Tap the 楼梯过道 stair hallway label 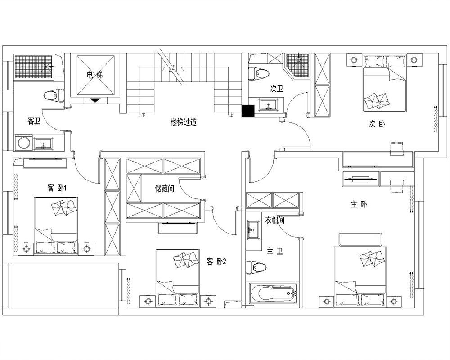[x=184, y=122]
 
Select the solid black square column [x=248, y=111]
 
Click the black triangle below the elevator [x=95, y=100]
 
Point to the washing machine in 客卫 [x=23, y=142]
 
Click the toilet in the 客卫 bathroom [x=54, y=95]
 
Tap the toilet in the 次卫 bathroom [x=259, y=73]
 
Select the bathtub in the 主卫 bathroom [x=273, y=293]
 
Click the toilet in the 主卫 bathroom [x=256, y=268]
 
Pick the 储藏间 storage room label [x=164, y=189]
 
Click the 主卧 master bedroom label [x=359, y=205]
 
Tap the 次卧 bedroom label [x=377, y=124]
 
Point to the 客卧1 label [x=57, y=189]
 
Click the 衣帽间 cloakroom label [x=274, y=220]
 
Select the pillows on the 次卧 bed [x=377, y=100]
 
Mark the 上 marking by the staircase [x=231, y=115]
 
